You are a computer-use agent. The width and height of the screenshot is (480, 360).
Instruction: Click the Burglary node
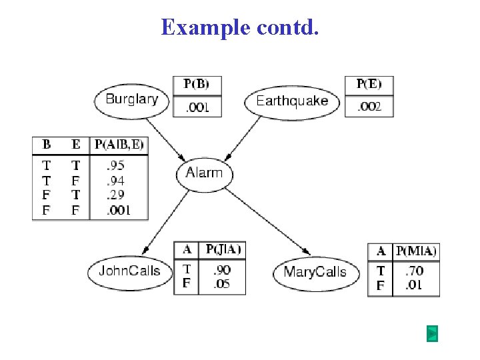pos(131,101)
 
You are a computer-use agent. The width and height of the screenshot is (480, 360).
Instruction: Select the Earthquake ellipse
pos(292,103)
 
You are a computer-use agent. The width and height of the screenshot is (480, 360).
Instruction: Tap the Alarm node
pos(205,175)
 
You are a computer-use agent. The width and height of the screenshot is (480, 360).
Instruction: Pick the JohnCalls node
pos(130,273)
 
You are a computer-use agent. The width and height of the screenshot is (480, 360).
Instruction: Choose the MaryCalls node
pos(316,274)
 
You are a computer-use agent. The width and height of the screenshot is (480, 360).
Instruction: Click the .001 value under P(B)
pos(197,107)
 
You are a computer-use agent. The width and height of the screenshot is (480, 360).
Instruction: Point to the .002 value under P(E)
pos(369,107)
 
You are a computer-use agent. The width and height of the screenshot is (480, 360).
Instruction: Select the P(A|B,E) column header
pos(119,145)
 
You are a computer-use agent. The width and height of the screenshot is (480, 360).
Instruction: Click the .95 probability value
pos(115,165)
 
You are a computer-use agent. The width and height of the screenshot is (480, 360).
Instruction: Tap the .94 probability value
pos(115,181)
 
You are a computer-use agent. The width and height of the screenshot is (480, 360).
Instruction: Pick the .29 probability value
pos(115,195)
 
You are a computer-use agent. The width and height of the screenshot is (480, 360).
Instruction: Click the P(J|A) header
pos(223,249)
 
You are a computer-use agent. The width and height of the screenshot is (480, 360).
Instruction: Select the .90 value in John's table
pos(222,270)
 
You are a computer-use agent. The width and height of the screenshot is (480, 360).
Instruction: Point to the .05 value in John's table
pos(221,284)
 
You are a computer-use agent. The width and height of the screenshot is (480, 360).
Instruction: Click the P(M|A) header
pos(416,251)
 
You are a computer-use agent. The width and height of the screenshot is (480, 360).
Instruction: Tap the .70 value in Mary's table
pos(414,271)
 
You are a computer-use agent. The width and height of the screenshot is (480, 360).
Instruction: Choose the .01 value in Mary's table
pos(413,285)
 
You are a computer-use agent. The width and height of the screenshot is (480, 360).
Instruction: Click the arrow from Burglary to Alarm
pos(165,140)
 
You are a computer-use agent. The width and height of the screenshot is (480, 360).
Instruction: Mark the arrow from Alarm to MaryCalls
pos(268,221)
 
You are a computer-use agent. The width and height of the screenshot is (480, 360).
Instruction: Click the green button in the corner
pos(432,333)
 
